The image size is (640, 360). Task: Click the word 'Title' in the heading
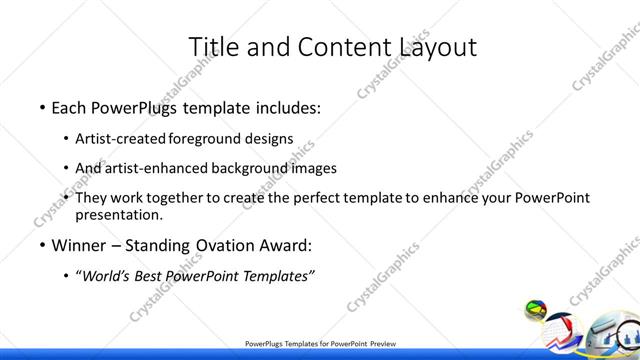point(213,46)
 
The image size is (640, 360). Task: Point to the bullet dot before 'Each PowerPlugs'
point(41,107)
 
